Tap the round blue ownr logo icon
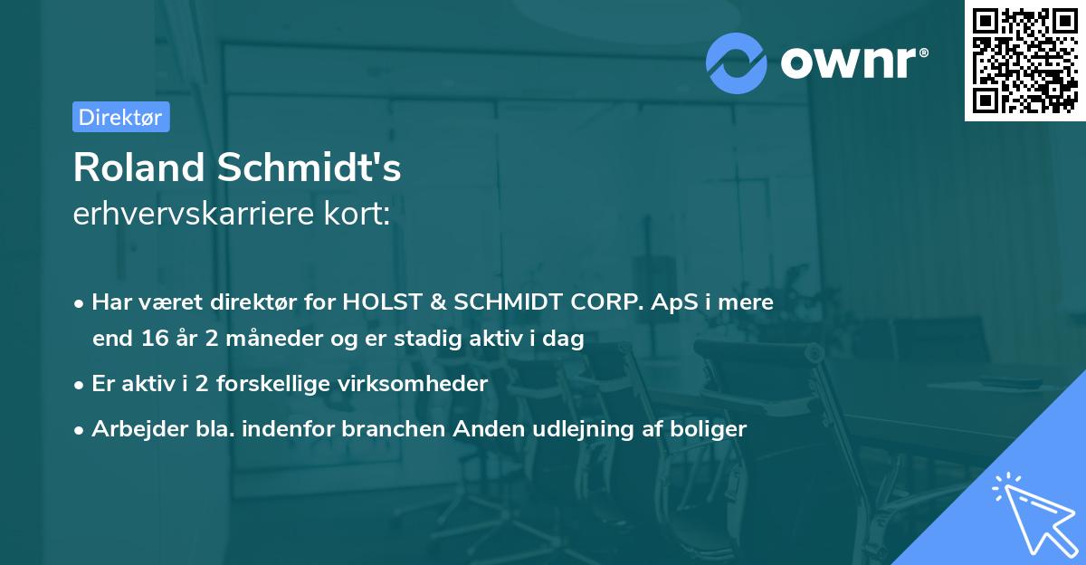[x=736, y=63]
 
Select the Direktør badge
[x=119, y=117]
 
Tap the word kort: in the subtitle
[x=362, y=214]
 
